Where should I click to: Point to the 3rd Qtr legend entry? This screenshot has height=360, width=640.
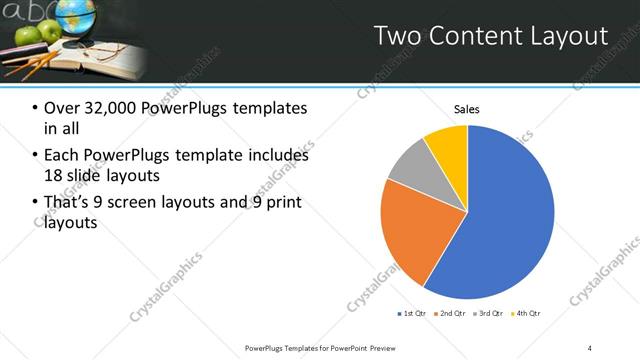[x=489, y=314]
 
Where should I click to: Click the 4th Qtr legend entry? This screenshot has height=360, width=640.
[x=526, y=314]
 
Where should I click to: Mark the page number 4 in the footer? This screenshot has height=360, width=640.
[x=589, y=347]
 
